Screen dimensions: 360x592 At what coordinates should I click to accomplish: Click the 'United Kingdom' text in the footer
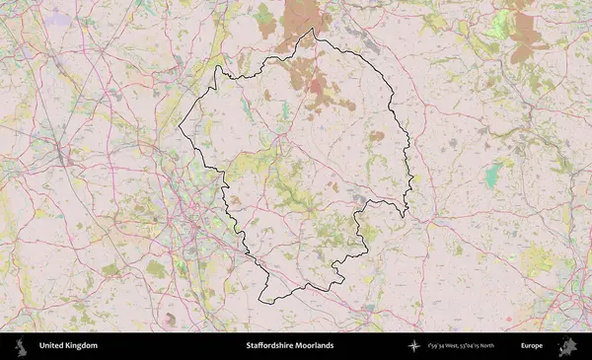(x=68, y=346)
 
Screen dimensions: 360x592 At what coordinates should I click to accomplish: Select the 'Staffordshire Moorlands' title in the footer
(x=290, y=346)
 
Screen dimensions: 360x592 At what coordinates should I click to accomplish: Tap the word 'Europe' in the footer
(x=532, y=346)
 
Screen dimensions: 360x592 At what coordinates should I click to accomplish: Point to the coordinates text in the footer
(x=462, y=346)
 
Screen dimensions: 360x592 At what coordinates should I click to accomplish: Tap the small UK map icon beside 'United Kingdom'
(x=19, y=346)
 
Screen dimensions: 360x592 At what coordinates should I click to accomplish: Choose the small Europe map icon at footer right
(x=567, y=346)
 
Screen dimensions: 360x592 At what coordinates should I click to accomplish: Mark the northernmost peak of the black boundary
(x=314, y=30)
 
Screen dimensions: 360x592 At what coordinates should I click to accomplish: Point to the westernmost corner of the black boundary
(x=179, y=129)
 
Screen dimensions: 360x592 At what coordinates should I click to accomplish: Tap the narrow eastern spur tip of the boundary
(x=405, y=215)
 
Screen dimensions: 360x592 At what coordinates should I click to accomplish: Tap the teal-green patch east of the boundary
(x=492, y=177)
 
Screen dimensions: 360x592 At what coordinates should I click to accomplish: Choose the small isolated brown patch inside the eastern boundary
(x=376, y=135)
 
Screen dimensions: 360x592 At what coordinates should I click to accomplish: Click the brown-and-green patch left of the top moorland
(x=264, y=22)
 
